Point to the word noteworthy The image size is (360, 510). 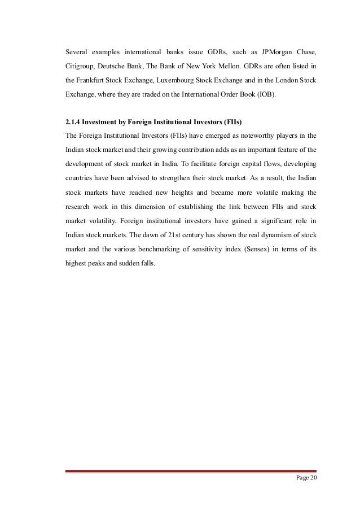coord(243,136)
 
